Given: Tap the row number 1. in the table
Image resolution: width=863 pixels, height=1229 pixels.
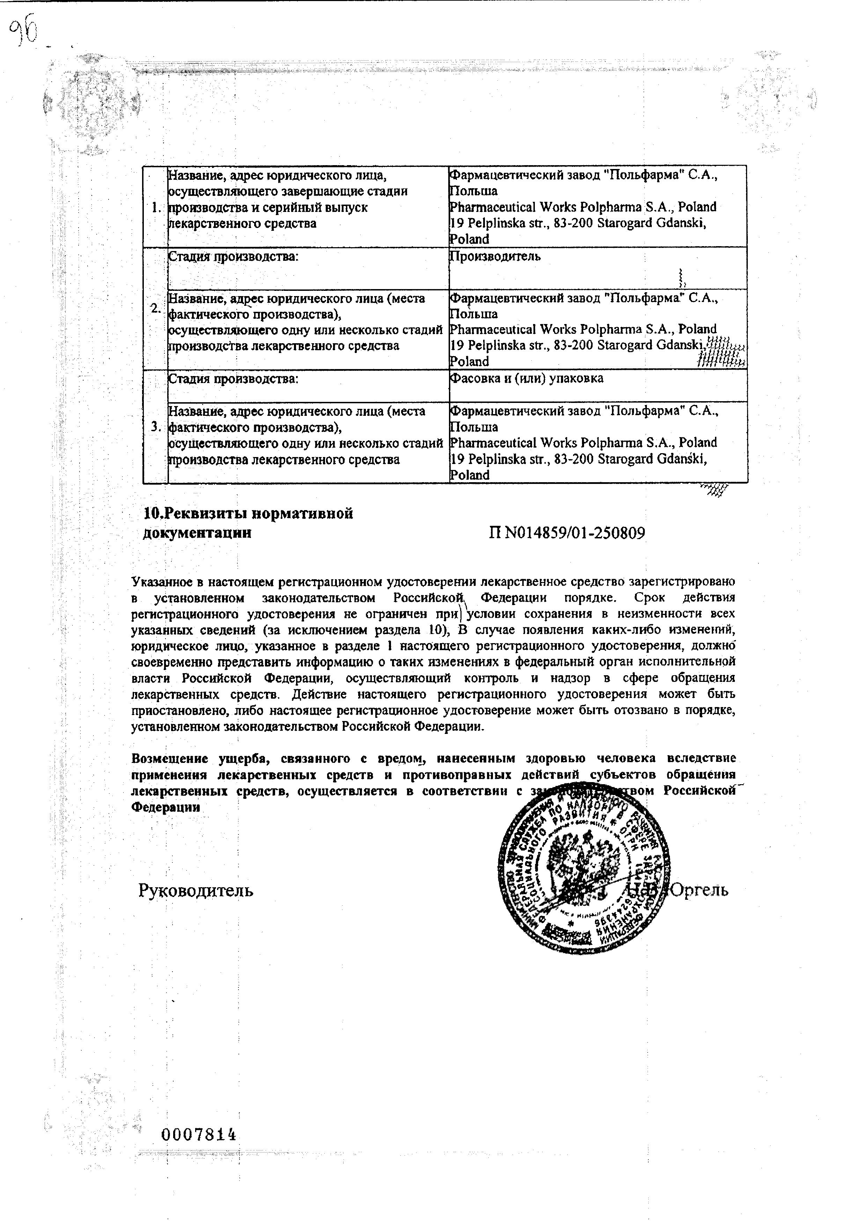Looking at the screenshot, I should tap(156, 207).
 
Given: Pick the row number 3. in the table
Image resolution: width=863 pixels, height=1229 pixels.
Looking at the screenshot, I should tap(156, 427).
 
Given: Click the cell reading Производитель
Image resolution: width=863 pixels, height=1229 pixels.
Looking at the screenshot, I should tap(495, 256).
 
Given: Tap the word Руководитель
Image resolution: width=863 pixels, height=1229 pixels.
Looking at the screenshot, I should tap(196, 890).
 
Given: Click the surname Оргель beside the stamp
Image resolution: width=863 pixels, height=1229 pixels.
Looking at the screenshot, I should tap(700, 890).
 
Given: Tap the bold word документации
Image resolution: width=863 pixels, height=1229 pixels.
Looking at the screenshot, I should tap(197, 533).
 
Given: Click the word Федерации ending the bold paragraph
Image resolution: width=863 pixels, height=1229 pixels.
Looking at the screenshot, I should tap(166, 807).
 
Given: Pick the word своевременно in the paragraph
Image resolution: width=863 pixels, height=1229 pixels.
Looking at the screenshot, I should tap(172, 662).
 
